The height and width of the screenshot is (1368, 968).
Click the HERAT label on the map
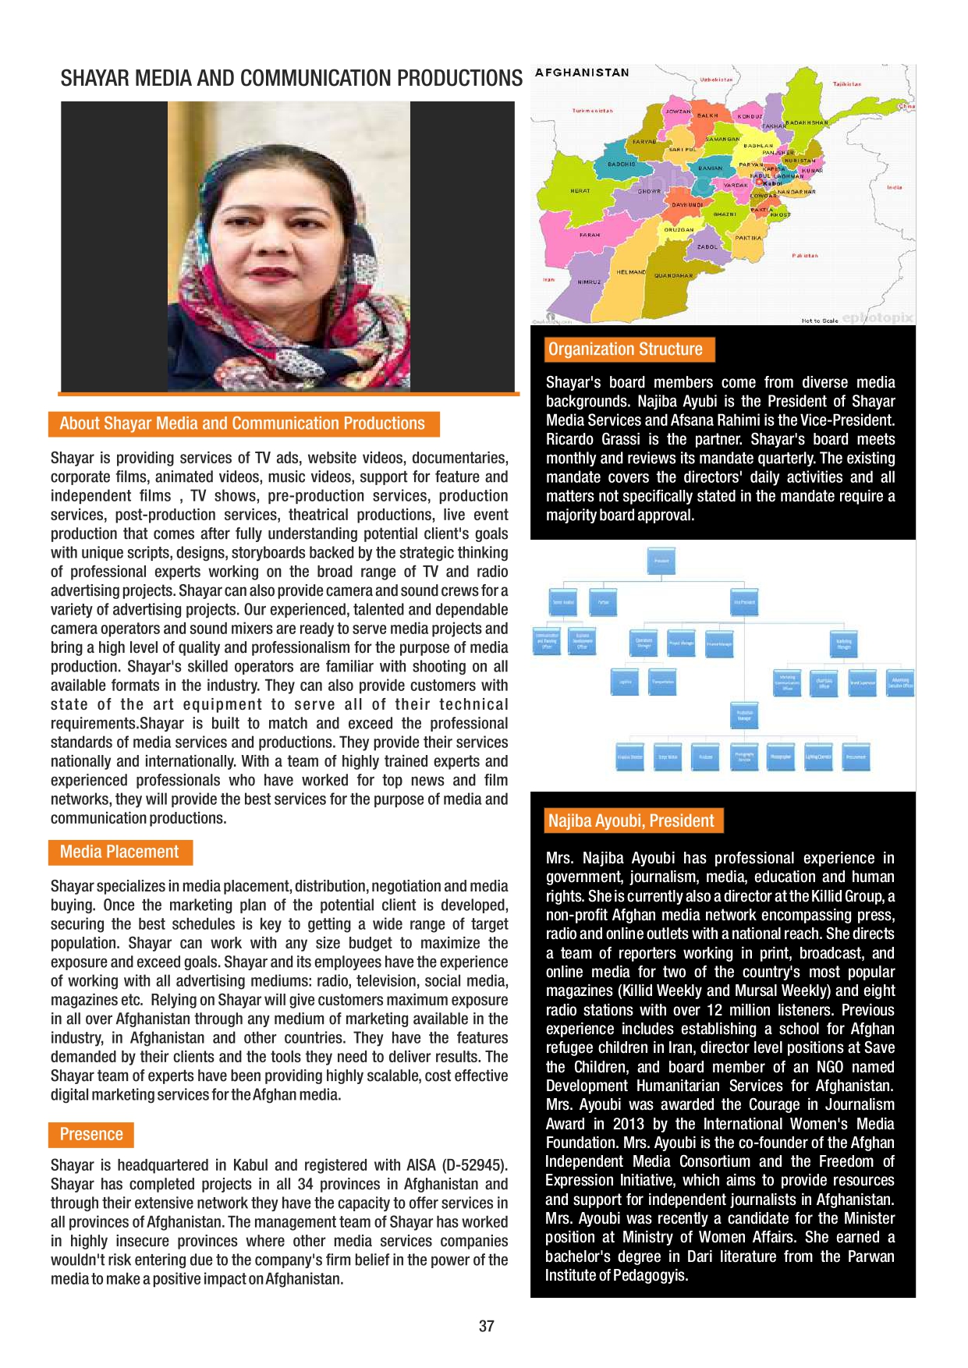(x=580, y=190)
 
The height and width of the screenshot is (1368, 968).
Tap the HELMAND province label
(x=630, y=272)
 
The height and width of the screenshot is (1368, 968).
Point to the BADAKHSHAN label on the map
(x=807, y=122)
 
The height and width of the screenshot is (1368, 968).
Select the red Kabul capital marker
(x=760, y=183)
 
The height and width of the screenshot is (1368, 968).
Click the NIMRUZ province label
(x=589, y=282)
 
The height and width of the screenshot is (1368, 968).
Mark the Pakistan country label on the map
(x=805, y=255)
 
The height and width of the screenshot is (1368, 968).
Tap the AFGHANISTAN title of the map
(x=582, y=73)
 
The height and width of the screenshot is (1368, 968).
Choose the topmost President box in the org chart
(x=661, y=561)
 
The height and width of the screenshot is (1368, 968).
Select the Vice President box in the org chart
(x=744, y=602)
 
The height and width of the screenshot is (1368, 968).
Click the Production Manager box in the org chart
(x=745, y=715)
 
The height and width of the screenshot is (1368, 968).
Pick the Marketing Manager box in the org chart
(x=844, y=643)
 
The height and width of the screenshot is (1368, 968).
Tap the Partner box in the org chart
(x=603, y=602)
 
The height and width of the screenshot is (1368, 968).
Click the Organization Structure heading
(x=625, y=349)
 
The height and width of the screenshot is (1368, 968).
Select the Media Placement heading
(x=119, y=852)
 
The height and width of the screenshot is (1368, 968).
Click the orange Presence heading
(x=91, y=1134)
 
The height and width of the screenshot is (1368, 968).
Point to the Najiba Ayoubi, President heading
(x=631, y=820)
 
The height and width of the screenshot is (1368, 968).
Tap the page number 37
(x=487, y=1326)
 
